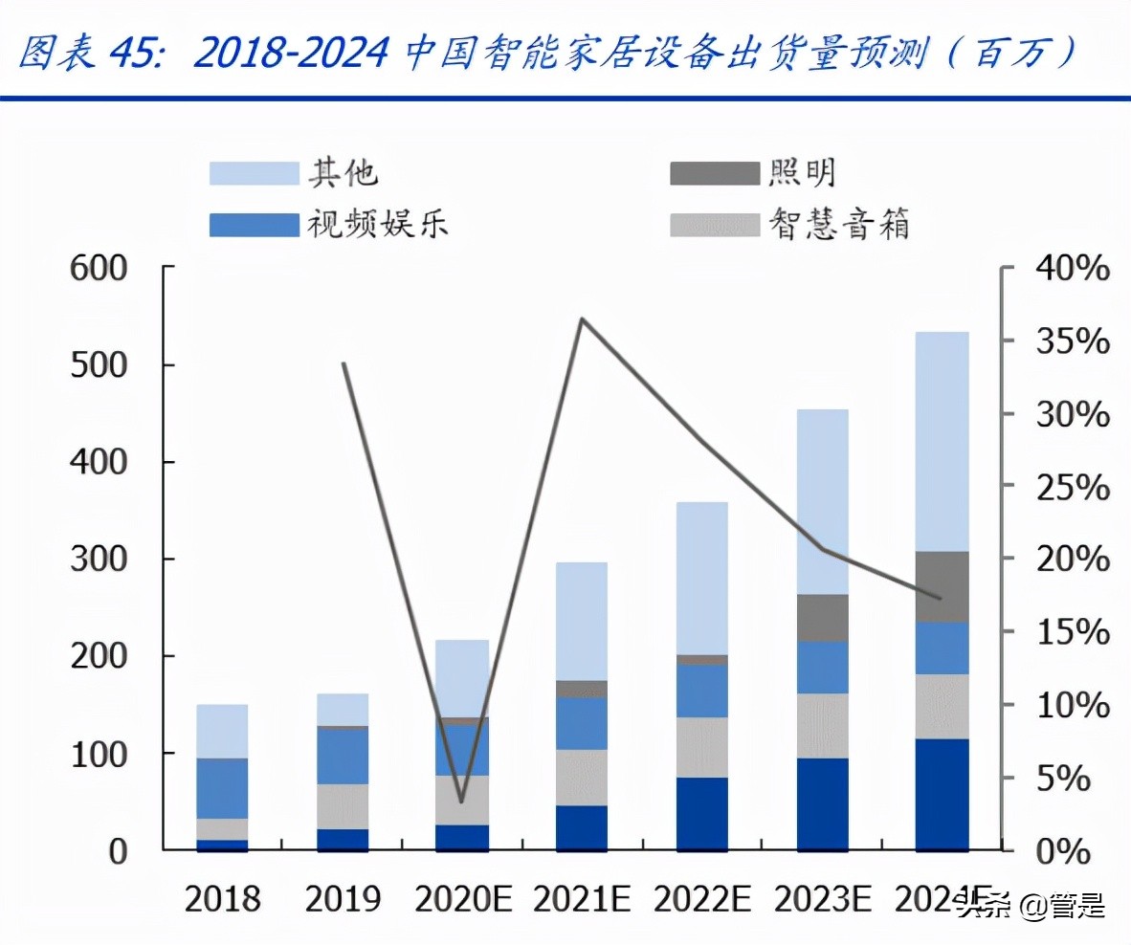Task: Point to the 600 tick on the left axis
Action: [x=99, y=269]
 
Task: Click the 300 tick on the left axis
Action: [x=99, y=560]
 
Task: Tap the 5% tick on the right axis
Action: [x=1062, y=778]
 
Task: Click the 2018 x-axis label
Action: [x=222, y=900]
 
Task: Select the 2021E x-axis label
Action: [x=581, y=900]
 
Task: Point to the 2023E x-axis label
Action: [x=822, y=900]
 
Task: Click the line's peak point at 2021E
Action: [x=582, y=319]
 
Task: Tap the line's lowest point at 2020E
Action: [x=462, y=801]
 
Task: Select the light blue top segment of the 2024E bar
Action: [x=942, y=440]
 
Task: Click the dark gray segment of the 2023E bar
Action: [x=822, y=617]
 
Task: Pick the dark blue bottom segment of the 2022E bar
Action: [x=701, y=813]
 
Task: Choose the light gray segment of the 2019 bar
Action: [x=343, y=806]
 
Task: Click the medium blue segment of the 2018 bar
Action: [x=222, y=788]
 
